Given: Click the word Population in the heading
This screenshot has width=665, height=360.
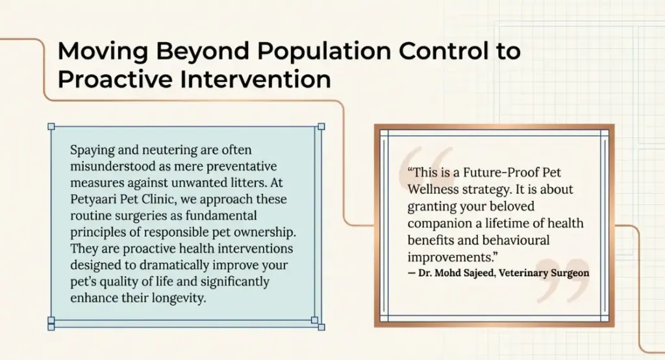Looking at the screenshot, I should pyautogui.click(x=314, y=51).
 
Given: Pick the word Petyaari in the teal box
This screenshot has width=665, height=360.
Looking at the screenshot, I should pyautogui.click(x=94, y=199).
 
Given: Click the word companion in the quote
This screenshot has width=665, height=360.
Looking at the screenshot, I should pyautogui.click(x=438, y=223).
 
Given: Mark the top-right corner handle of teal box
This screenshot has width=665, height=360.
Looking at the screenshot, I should pyautogui.click(x=321, y=127).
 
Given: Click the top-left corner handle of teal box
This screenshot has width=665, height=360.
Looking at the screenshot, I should pyautogui.click(x=51, y=127).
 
